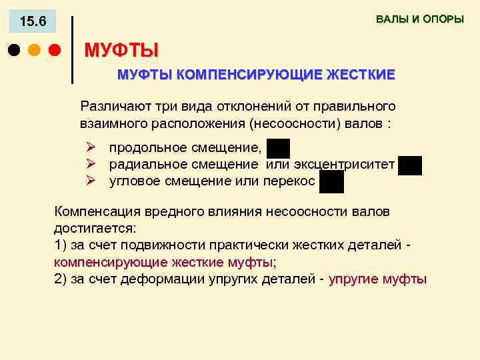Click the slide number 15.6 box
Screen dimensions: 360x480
click(x=33, y=21)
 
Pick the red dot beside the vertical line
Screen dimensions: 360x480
click(x=55, y=50)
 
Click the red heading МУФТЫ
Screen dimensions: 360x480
click(x=121, y=50)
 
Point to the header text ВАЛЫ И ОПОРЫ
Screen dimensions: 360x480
click(x=419, y=19)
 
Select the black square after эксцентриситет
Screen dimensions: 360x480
click(x=410, y=165)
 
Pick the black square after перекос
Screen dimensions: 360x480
click(x=331, y=181)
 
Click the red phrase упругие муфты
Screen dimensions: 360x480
click(x=377, y=279)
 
